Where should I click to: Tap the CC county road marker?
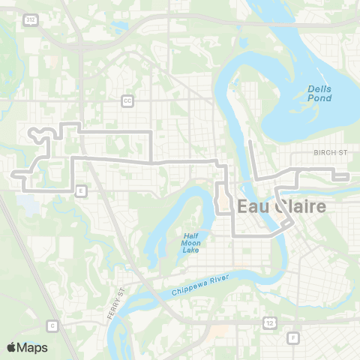(x=127, y=100)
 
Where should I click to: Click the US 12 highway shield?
(x=268, y=321)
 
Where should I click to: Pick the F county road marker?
(x=293, y=337)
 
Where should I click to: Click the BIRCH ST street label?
(x=330, y=151)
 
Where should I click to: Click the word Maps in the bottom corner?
(x=33, y=347)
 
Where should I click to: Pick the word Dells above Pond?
(x=320, y=88)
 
